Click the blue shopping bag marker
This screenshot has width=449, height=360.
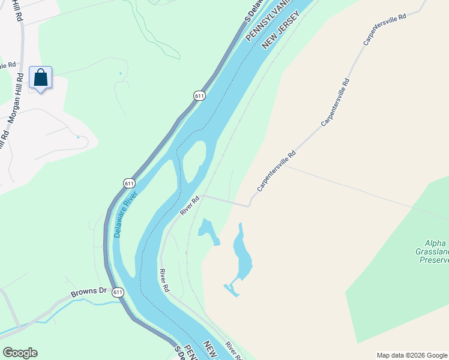40,79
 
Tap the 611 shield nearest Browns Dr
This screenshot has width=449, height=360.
118,292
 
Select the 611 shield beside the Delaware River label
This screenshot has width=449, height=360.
130,183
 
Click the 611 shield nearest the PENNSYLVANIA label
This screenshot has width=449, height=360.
200,95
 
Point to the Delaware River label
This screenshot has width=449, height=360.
125,214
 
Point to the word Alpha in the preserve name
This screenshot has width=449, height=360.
435,243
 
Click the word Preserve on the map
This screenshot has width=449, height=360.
435,260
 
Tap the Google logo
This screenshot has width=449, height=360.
20,353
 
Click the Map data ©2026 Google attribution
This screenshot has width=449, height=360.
412,355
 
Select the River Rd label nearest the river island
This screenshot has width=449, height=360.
189,206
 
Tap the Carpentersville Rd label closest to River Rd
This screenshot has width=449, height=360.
276,171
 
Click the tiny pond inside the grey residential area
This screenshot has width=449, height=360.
79,137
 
